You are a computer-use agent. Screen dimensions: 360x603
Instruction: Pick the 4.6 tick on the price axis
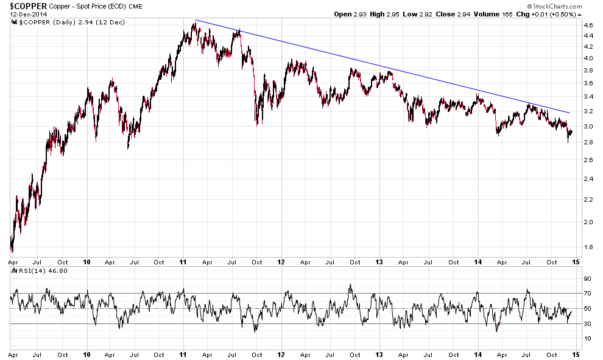tap(588, 26)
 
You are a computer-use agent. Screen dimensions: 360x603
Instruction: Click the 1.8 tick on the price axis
tap(588, 247)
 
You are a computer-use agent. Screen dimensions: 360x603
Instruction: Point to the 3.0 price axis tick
tap(588, 127)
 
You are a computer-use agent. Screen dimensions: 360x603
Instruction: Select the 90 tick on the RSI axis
tap(587, 278)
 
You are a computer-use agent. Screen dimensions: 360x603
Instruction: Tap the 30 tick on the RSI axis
tap(587, 323)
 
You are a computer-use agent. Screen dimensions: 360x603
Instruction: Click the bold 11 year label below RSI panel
tap(183, 355)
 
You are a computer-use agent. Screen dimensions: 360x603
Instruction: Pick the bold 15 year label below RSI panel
tap(574, 355)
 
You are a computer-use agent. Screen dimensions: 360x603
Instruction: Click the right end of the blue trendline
tap(569, 113)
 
